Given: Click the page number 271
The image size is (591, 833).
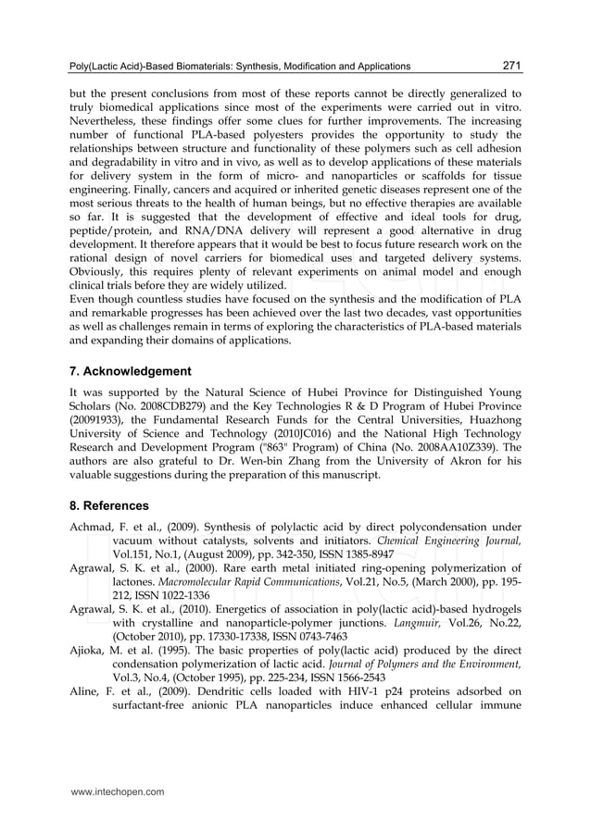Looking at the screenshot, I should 511,66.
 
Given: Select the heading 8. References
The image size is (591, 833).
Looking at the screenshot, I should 108,506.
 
